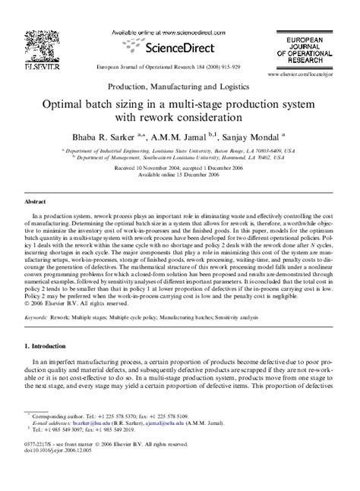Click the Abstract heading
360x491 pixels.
tap(38, 203)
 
